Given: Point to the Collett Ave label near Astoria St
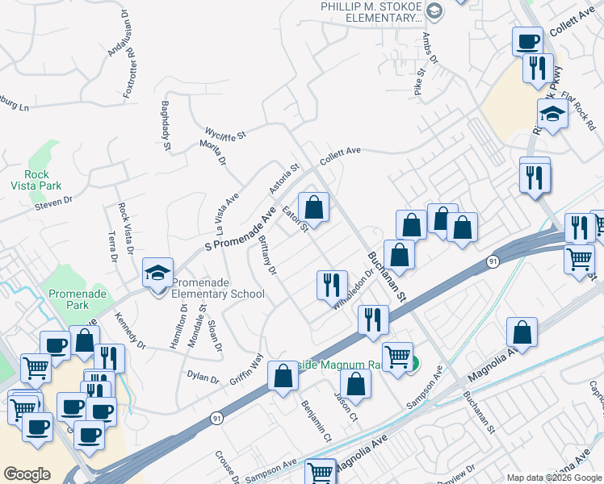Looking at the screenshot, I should click(339, 155).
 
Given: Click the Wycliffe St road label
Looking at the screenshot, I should click(224, 132).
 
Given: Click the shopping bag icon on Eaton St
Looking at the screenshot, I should click(314, 207).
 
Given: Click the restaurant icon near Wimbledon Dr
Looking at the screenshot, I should click(331, 285).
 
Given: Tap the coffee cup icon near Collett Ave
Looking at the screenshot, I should click(527, 40).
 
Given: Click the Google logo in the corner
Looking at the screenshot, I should click(27, 474).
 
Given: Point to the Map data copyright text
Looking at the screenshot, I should click(554, 478).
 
